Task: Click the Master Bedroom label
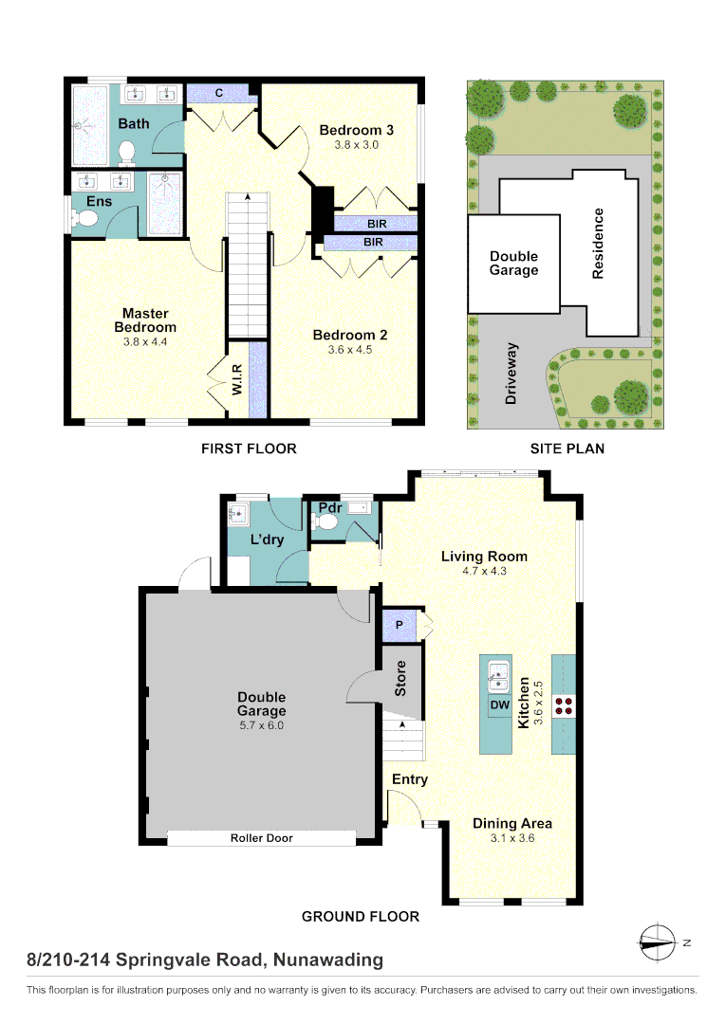145,320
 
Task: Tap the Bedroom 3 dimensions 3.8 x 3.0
356,145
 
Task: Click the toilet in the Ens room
86,219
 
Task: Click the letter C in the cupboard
218,93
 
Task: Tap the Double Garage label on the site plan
513,264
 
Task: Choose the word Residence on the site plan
598,244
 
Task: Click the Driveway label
511,374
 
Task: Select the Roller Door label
261,838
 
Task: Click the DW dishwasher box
499,705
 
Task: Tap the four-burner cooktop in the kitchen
565,704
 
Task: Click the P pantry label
399,625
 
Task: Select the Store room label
400,678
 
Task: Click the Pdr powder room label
329,508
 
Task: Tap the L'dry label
268,539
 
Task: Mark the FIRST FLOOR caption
249,448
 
